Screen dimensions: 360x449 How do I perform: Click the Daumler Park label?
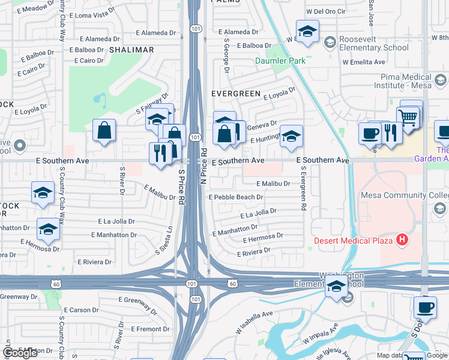[280, 61]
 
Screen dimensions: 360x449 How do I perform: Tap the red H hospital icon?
[402, 241]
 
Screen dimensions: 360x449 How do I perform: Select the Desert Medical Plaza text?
[354, 241]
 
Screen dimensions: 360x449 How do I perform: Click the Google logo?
[20, 353]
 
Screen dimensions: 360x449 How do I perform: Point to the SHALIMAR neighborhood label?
[131, 50]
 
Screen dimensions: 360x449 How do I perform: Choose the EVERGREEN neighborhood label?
[236, 94]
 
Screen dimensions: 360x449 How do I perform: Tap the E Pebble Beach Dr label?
[236, 197]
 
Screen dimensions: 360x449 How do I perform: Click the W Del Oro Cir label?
[326, 11]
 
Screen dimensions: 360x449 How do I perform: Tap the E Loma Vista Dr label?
[92, 13]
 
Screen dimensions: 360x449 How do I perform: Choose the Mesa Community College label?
[404, 196]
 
